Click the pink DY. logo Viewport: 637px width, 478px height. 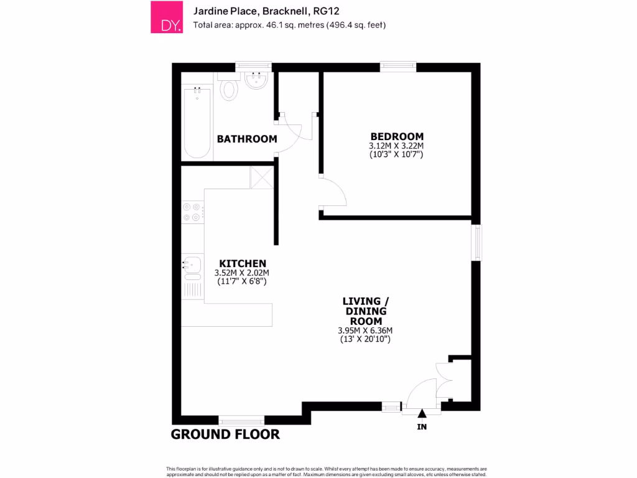tap(167, 17)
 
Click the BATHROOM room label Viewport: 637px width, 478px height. tap(247, 139)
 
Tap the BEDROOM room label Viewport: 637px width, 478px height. tap(397, 136)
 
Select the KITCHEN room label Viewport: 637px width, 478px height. tap(242, 264)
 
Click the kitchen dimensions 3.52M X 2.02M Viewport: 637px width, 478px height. tap(242, 273)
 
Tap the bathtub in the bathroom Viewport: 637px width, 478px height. tap(198, 123)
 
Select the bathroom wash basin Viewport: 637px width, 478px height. tap(256, 80)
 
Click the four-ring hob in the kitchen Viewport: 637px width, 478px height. tap(191, 212)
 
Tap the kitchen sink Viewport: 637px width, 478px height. tap(192, 266)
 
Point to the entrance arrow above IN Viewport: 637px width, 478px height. tap(422, 413)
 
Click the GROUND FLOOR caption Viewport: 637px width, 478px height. tap(225, 434)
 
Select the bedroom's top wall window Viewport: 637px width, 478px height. tap(398, 65)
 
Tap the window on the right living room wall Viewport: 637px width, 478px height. tap(477, 243)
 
